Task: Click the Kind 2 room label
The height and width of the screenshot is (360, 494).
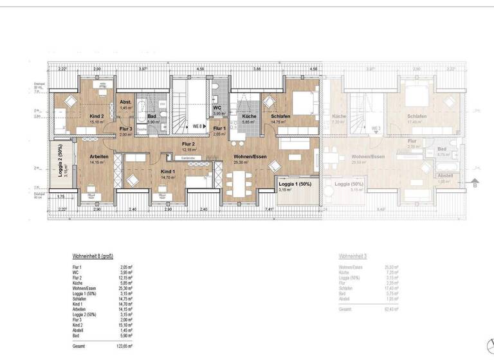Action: (96, 116)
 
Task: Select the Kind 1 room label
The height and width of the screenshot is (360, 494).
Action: (168, 172)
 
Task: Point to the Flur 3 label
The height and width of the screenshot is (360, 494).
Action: (125, 129)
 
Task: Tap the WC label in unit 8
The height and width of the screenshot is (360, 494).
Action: (217, 108)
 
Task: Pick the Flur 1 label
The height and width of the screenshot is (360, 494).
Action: (219, 129)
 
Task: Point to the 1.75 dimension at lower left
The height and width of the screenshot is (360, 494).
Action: (60, 196)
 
